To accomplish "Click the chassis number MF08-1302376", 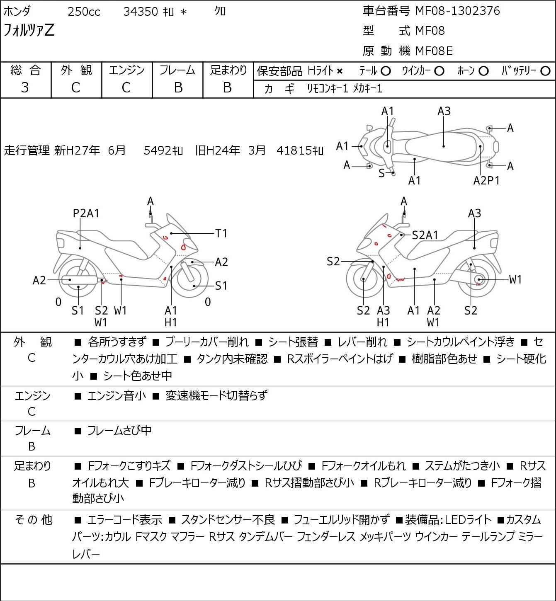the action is point(457,11).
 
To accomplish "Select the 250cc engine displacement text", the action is point(84,12).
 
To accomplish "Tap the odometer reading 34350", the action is point(141,12).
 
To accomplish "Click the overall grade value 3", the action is point(25,87).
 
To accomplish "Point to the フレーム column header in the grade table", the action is point(177,70).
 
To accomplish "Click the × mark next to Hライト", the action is point(340,71).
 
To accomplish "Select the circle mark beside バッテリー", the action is point(545,71).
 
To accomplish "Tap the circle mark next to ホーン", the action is point(483,71).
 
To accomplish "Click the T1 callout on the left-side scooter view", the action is point(221,233).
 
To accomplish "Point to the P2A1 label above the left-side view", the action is point(86,213).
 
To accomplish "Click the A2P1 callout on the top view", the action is point(486,181).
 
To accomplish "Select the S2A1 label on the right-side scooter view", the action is point(425,235).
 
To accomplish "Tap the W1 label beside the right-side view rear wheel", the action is point(515,280).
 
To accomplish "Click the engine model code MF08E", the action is point(434,51).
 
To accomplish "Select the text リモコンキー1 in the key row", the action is point(328,89).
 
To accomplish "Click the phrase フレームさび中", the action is point(119,430).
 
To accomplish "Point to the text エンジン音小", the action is point(117,395).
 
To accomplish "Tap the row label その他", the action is point(34,520).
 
